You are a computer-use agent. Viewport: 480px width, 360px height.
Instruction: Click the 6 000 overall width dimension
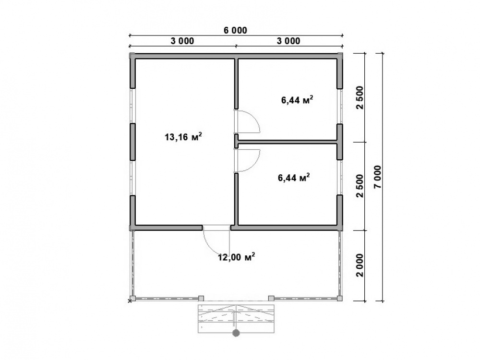point(235,31)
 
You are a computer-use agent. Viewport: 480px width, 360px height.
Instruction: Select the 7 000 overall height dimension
point(378,177)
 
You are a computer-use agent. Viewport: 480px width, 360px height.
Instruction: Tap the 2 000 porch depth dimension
point(360,265)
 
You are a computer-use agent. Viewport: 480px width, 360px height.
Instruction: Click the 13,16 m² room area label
point(183,136)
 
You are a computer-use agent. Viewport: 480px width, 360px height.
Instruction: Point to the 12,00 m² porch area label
point(236,257)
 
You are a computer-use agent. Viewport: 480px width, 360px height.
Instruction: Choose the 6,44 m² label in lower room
point(294,177)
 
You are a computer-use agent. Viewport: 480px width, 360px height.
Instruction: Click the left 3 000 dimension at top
point(182,41)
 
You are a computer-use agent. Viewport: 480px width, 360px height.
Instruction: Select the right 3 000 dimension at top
point(288,41)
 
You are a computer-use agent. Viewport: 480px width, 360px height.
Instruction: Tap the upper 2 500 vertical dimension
point(360,97)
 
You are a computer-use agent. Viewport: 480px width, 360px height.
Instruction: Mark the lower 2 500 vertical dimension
point(360,186)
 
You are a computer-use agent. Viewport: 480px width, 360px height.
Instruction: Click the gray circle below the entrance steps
point(236,333)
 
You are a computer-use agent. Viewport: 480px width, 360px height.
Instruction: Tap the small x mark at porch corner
point(130,301)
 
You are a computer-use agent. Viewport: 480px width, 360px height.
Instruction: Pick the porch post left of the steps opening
point(201,298)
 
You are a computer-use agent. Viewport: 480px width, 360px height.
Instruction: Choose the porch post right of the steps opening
point(271,298)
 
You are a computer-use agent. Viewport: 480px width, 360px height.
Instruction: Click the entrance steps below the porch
point(236,318)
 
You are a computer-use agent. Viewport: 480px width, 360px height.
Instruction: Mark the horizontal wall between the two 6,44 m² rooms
point(288,142)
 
